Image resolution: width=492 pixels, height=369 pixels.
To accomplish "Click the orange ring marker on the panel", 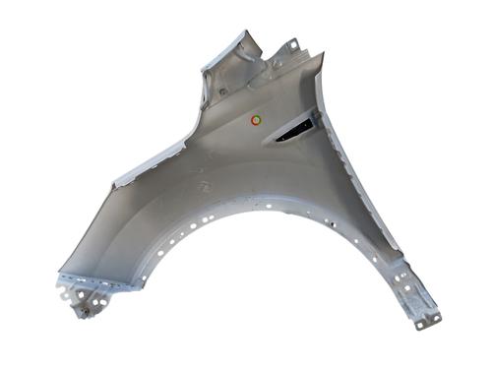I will (256, 120).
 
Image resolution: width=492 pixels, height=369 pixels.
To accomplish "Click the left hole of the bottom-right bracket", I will (422, 322).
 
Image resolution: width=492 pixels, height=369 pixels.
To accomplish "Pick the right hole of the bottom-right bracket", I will (434, 317).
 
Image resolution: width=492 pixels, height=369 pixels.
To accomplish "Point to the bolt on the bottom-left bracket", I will (85, 309).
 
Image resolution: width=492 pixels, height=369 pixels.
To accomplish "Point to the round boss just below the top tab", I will (278, 64).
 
